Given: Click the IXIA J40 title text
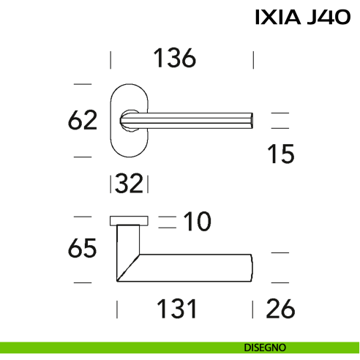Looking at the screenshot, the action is tap(303, 17).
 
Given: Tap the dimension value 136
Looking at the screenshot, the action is tap(175, 58).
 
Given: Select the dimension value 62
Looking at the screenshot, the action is tap(83, 120).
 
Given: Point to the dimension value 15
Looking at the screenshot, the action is tap(281, 154).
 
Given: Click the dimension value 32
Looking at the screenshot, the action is tap(129, 184).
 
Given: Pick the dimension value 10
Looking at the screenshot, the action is tap(197, 221).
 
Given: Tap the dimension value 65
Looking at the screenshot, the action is tap(82, 248).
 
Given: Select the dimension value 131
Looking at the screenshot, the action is tap(176, 309).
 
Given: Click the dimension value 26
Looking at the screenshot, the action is tap(280, 309).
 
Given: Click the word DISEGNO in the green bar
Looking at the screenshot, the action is tap(265, 348).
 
